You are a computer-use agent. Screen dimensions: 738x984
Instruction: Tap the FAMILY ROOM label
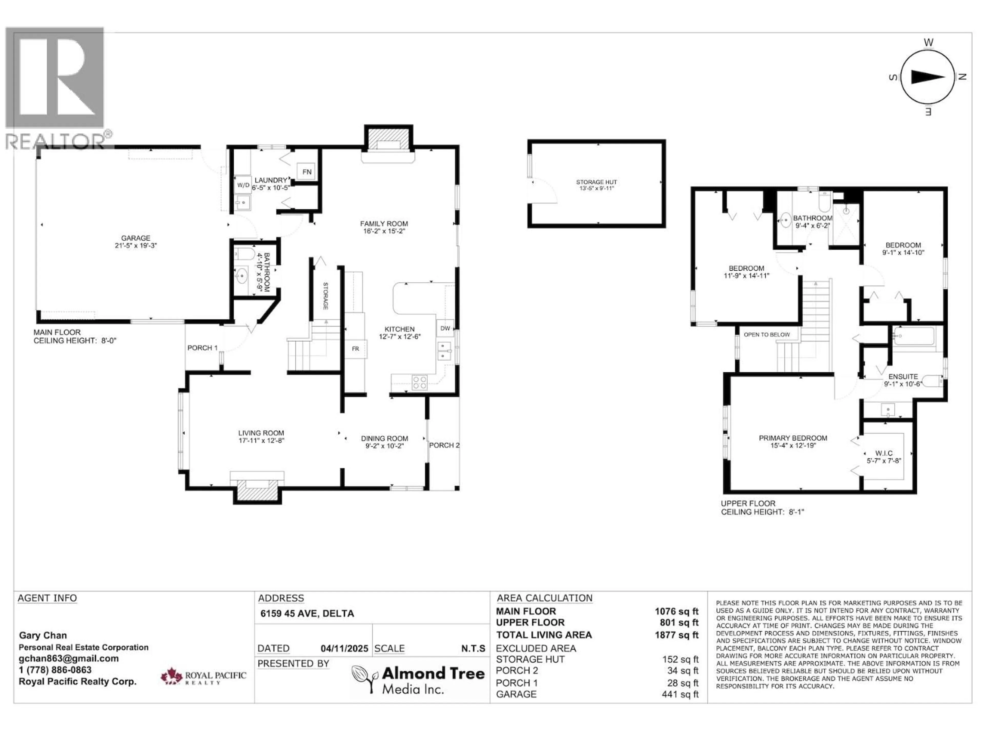click(383, 224)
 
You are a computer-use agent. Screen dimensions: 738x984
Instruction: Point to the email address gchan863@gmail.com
click(68, 658)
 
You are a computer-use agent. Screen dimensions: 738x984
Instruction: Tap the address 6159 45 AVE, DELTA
click(307, 613)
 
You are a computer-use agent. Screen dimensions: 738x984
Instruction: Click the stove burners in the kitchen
click(419, 383)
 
